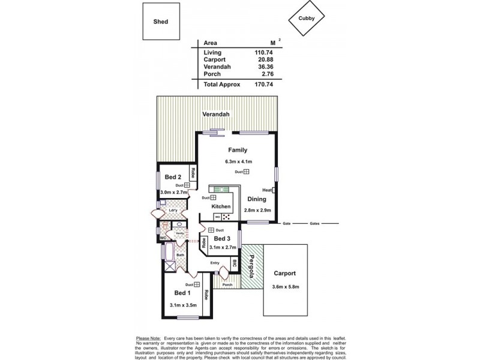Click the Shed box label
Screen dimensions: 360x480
160,22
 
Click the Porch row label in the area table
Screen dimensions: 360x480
212,74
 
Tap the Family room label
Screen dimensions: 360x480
238,150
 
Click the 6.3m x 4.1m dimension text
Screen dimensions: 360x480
238,161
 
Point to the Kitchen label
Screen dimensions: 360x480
221,206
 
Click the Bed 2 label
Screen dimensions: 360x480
173,178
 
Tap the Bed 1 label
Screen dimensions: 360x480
182,293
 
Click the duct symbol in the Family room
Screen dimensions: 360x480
247,172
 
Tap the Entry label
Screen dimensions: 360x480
214,263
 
